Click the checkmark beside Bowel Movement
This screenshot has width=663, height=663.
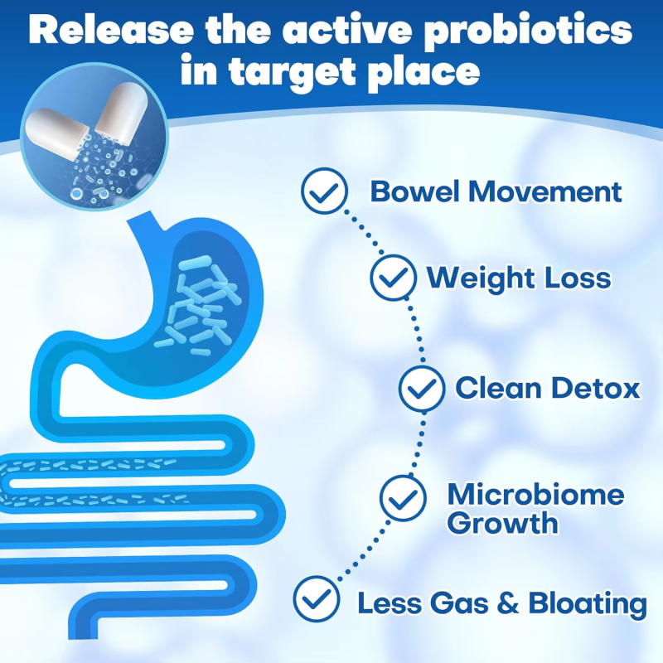[x=324, y=192]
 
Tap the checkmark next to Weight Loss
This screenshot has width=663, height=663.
[x=394, y=278]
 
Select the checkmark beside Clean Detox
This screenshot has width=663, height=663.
[x=422, y=388]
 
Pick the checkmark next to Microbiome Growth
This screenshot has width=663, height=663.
[x=403, y=497]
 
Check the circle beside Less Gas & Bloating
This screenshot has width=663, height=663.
[x=317, y=599]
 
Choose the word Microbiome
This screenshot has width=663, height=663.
[x=535, y=495]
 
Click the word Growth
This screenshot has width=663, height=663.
[x=502, y=524]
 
